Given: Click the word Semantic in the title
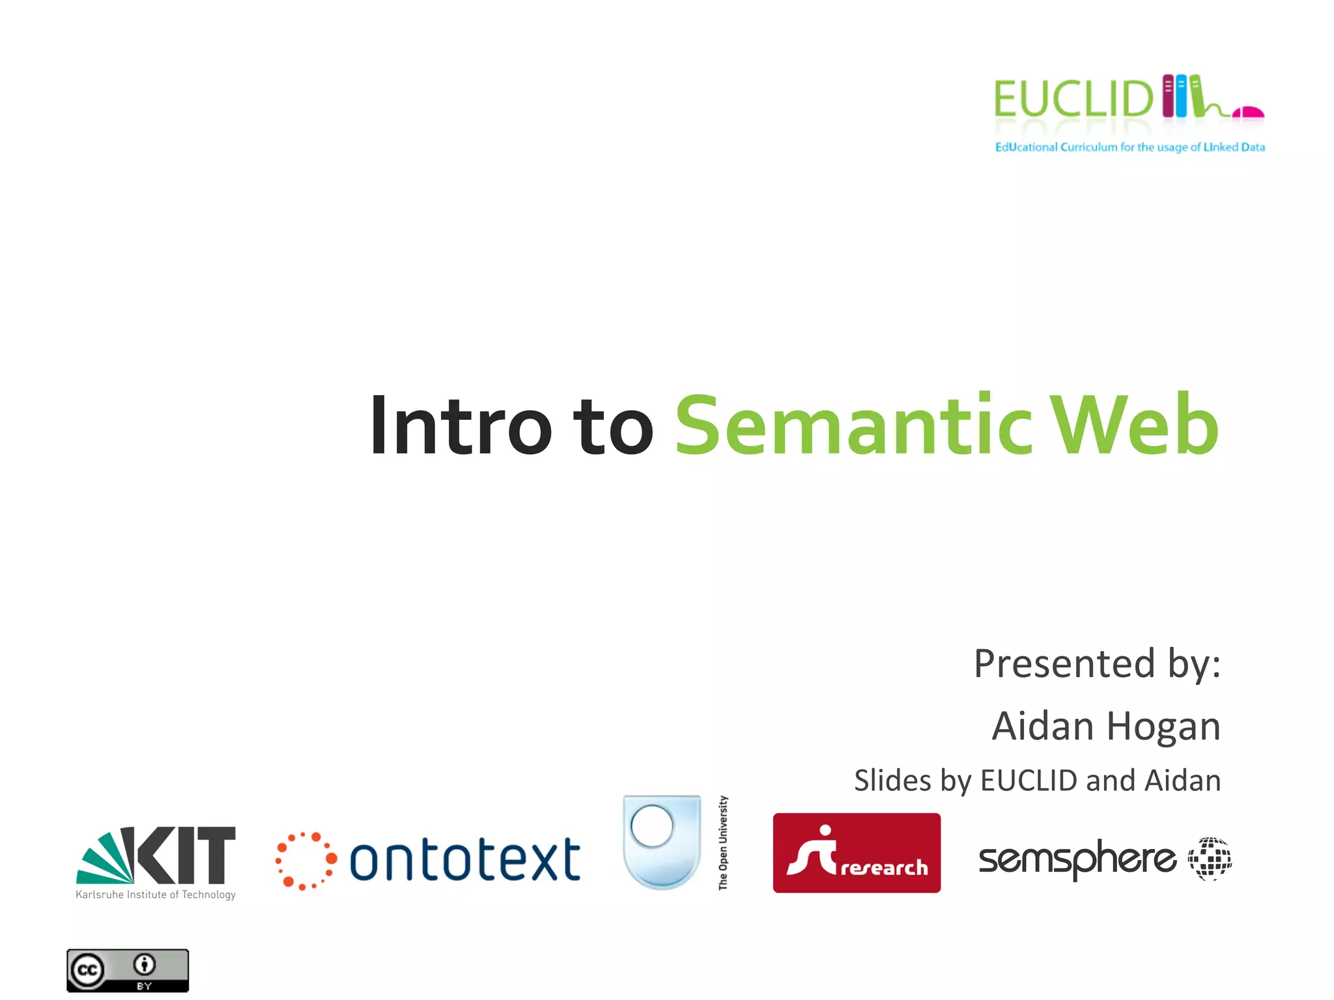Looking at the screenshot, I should tap(853, 426).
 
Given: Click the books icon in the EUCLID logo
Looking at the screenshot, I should tap(1182, 96).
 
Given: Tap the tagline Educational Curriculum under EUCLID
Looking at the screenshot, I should tap(1129, 147).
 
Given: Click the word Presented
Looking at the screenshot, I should tap(1064, 665).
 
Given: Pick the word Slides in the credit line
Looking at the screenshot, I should tap(892, 781).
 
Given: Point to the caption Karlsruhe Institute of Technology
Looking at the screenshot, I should tap(156, 895).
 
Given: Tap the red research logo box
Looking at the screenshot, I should tap(857, 853).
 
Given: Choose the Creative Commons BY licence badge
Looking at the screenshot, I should tap(128, 971).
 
